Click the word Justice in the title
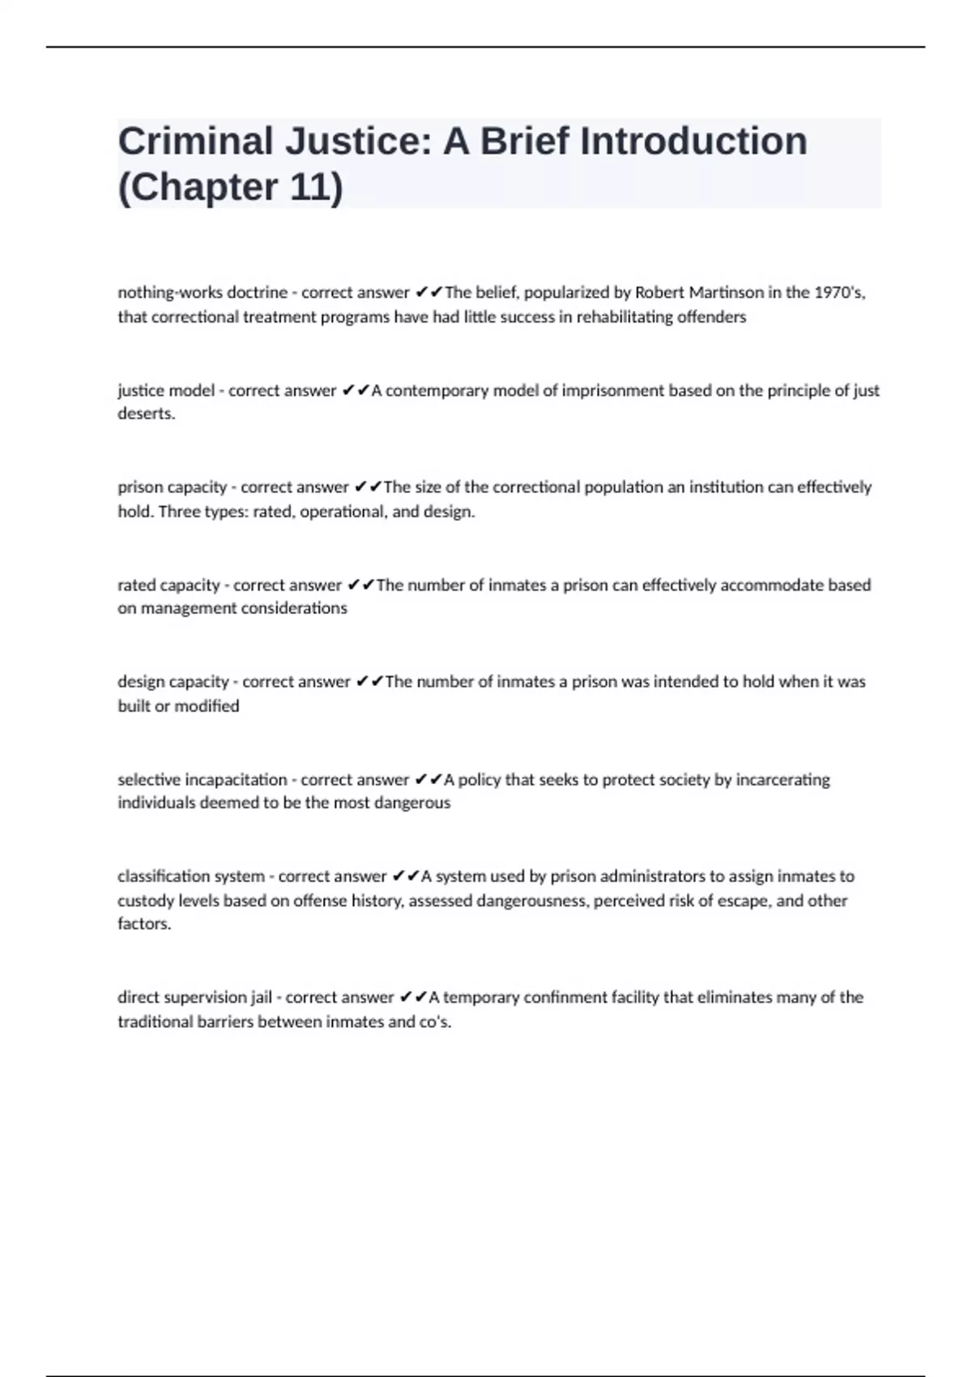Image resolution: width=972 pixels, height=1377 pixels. [x=356, y=141]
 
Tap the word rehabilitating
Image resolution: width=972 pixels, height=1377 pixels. [x=625, y=317]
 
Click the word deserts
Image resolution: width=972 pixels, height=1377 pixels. [x=146, y=414]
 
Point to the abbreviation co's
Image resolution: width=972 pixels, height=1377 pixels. [x=435, y=1022]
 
